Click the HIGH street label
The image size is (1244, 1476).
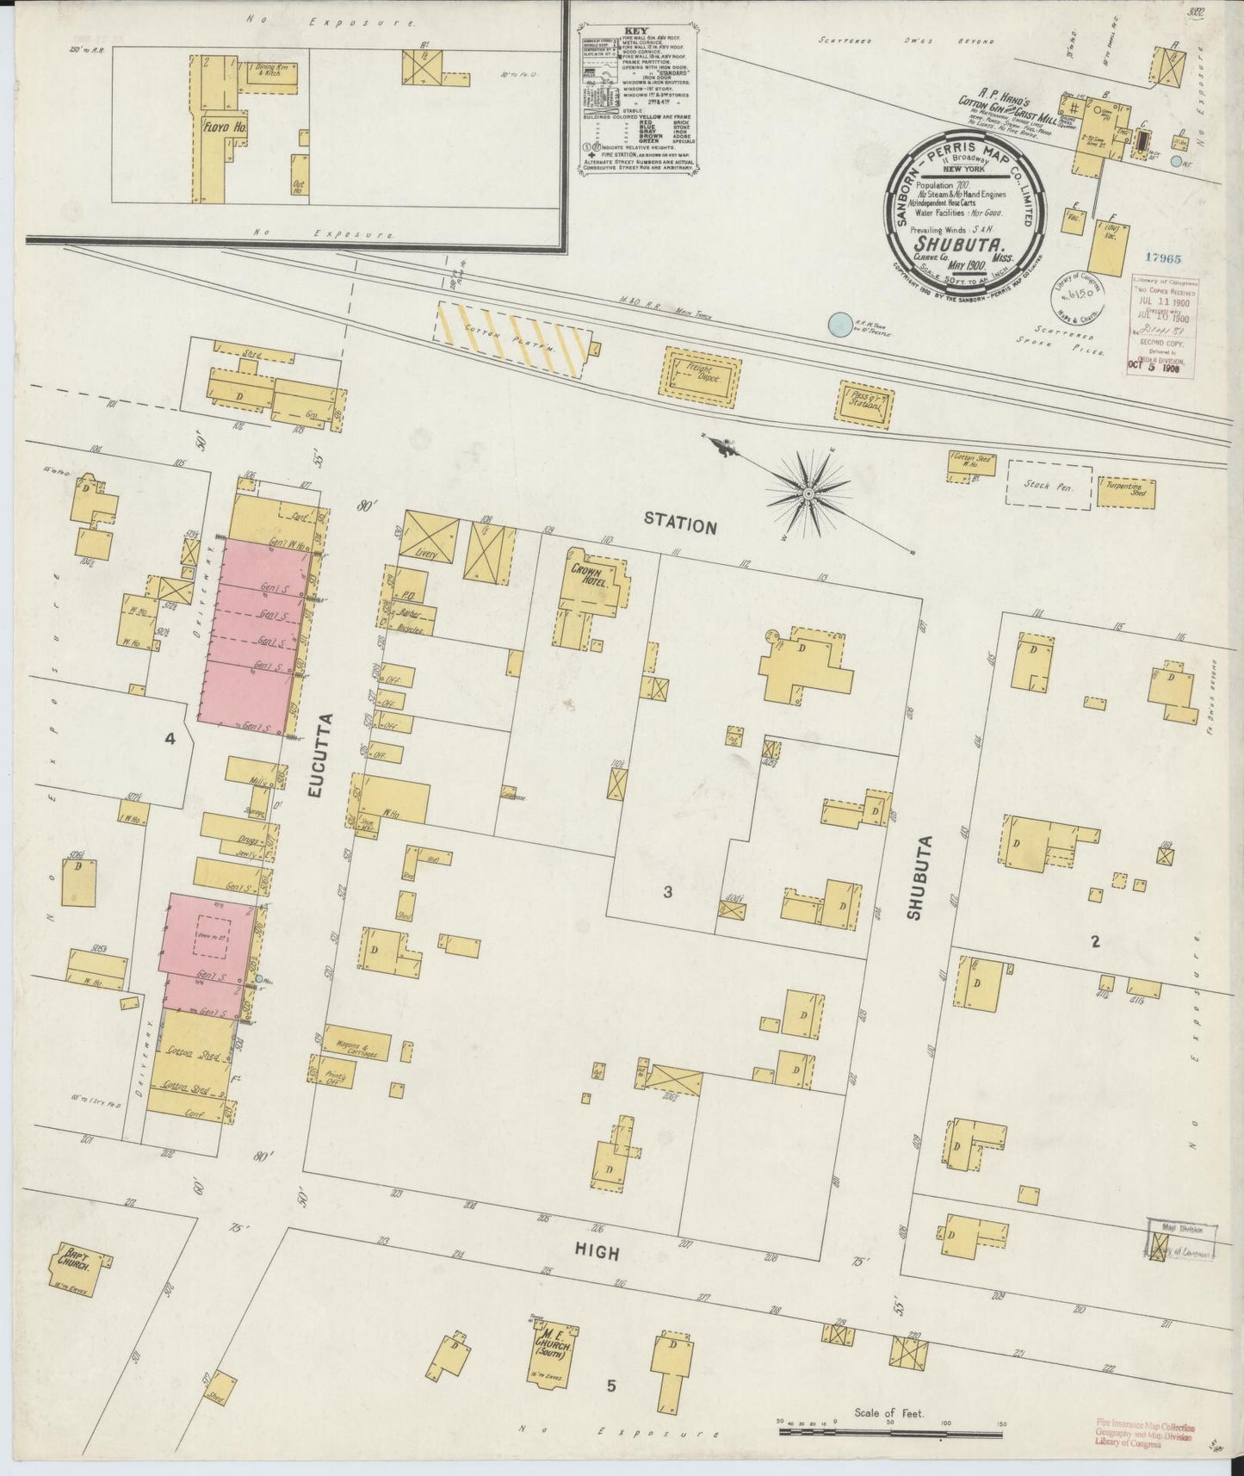(x=599, y=1253)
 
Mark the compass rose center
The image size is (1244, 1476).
(x=809, y=493)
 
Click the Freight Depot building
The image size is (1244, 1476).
(x=700, y=376)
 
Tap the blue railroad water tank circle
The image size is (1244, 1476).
(x=836, y=325)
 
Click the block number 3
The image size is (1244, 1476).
(x=667, y=892)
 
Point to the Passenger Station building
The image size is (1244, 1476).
(x=864, y=401)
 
